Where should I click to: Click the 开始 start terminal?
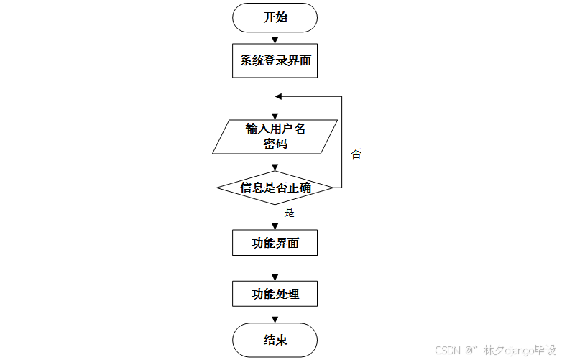point(275,17)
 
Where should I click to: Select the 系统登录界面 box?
point(275,61)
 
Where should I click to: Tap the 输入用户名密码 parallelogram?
point(275,137)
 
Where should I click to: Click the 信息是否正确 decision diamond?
point(275,188)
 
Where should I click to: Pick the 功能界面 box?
point(275,243)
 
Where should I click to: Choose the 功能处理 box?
point(275,293)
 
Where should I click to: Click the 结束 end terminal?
point(275,340)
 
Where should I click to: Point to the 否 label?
point(356,154)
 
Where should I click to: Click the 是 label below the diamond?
point(290,213)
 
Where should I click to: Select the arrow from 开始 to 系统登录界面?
point(275,37)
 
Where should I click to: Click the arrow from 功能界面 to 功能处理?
point(275,268)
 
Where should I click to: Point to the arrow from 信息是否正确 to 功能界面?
point(275,217)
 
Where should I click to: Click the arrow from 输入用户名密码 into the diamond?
point(275,162)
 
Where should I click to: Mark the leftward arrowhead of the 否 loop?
point(280,96)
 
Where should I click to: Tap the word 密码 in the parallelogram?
point(275,144)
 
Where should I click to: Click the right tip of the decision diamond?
point(333,188)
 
